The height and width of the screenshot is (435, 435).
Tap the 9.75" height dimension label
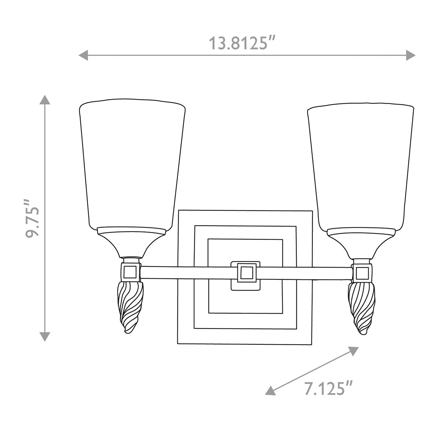(32, 218)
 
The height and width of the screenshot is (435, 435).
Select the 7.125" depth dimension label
(329, 388)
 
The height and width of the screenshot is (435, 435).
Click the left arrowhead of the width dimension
(83, 55)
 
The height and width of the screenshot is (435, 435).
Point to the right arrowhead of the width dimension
(410, 55)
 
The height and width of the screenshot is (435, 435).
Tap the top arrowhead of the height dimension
(45, 100)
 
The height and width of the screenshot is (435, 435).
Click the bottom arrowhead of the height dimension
(45, 336)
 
